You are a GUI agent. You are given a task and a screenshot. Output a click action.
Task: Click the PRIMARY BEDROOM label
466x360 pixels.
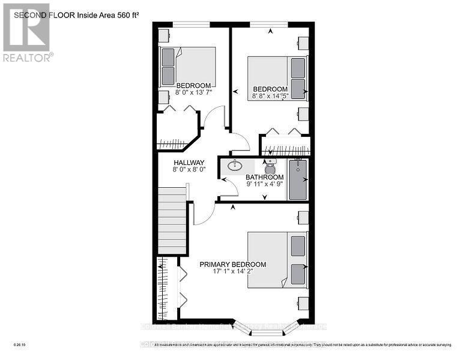(232, 264)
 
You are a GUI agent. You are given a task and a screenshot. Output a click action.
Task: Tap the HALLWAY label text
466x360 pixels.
(189, 163)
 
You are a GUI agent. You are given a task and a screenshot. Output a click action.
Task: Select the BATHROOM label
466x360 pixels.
(264, 178)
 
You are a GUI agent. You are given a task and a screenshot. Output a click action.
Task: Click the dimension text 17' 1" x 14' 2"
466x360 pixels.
(232, 272)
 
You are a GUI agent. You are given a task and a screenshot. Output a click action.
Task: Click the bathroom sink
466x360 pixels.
(234, 165)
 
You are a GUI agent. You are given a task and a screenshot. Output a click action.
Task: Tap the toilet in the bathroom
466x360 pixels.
(271, 167)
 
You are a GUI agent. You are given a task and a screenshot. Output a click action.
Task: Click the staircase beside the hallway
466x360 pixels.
(172, 220)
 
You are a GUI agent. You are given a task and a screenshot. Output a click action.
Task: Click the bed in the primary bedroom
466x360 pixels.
(277, 259)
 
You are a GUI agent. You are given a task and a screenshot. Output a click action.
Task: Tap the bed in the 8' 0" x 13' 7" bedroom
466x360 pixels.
(187, 65)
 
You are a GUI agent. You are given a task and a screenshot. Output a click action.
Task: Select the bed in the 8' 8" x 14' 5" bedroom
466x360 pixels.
(277, 76)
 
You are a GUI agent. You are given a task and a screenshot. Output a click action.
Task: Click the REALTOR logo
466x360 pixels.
(26, 32)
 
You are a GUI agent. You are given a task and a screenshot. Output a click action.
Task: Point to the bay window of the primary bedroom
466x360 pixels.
(264, 327)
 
